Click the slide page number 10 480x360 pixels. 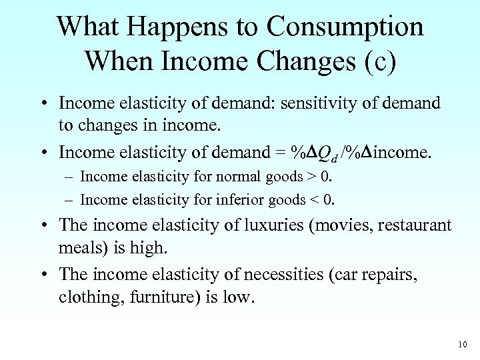tap(463, 345)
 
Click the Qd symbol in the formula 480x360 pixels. tap(325, 153)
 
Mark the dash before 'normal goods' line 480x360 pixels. tap(70, 177)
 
